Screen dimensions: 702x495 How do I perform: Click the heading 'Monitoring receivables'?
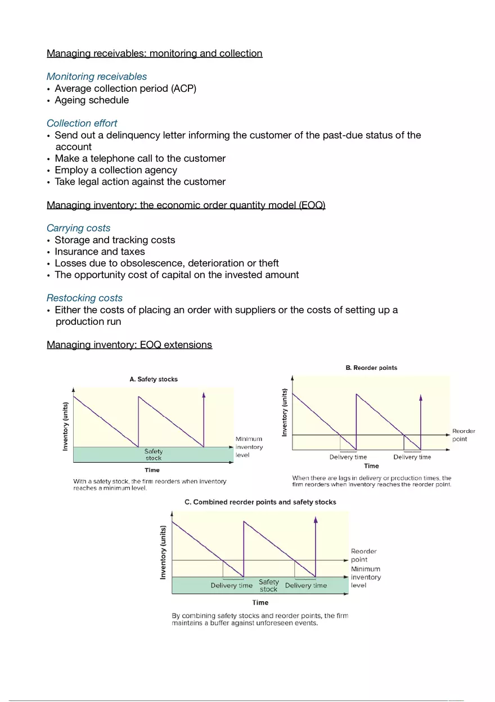tap(96, 77)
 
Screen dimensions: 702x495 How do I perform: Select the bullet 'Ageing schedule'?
tap(91, 100)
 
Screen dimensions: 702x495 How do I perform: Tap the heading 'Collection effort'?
tap(82, 123)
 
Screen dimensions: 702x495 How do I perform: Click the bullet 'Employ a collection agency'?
tap(115, 170)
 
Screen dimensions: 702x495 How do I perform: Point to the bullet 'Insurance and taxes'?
tap(100, 252)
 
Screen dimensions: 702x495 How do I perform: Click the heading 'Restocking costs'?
tap(84, 298)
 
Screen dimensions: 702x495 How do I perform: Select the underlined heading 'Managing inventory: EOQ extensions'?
tap(129, 345)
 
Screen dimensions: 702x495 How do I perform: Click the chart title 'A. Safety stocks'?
tap(154, 379)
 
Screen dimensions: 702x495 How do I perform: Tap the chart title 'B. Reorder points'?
tap(371, 368)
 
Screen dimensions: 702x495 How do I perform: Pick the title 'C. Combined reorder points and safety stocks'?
tap(260, 502)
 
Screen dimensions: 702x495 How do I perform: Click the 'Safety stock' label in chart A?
tap(154, 455)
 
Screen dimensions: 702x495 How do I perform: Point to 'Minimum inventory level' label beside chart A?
tap(249, 447)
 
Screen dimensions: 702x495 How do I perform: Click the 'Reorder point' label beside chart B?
tap(463, 435)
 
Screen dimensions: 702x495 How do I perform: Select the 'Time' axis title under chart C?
tap(260, 602)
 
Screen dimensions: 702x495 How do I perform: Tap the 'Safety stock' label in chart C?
tap(269, 585)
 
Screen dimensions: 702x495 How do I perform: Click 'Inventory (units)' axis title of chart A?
tap(66, 426)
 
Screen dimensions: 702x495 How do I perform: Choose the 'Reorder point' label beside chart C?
tap(363, 555)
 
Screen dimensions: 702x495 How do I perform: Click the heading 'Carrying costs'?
tap(78, 228)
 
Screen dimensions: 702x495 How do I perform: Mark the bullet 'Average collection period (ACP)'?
tap(125, 88)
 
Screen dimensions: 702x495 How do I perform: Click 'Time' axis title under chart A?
tap(152, 470)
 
